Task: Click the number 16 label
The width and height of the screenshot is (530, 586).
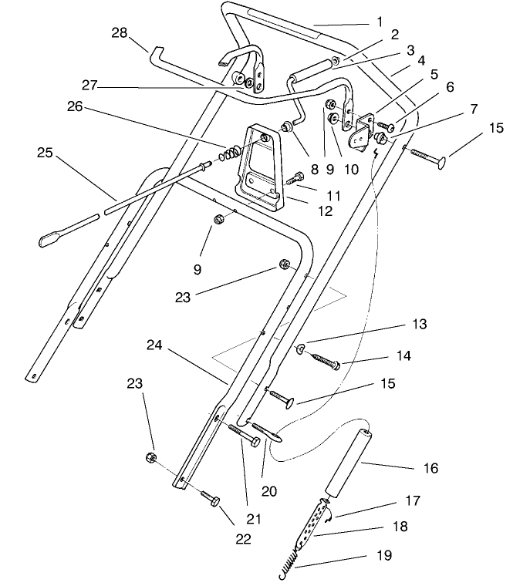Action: pos(430,468)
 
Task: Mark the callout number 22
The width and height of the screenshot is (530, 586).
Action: pos(245,538)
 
